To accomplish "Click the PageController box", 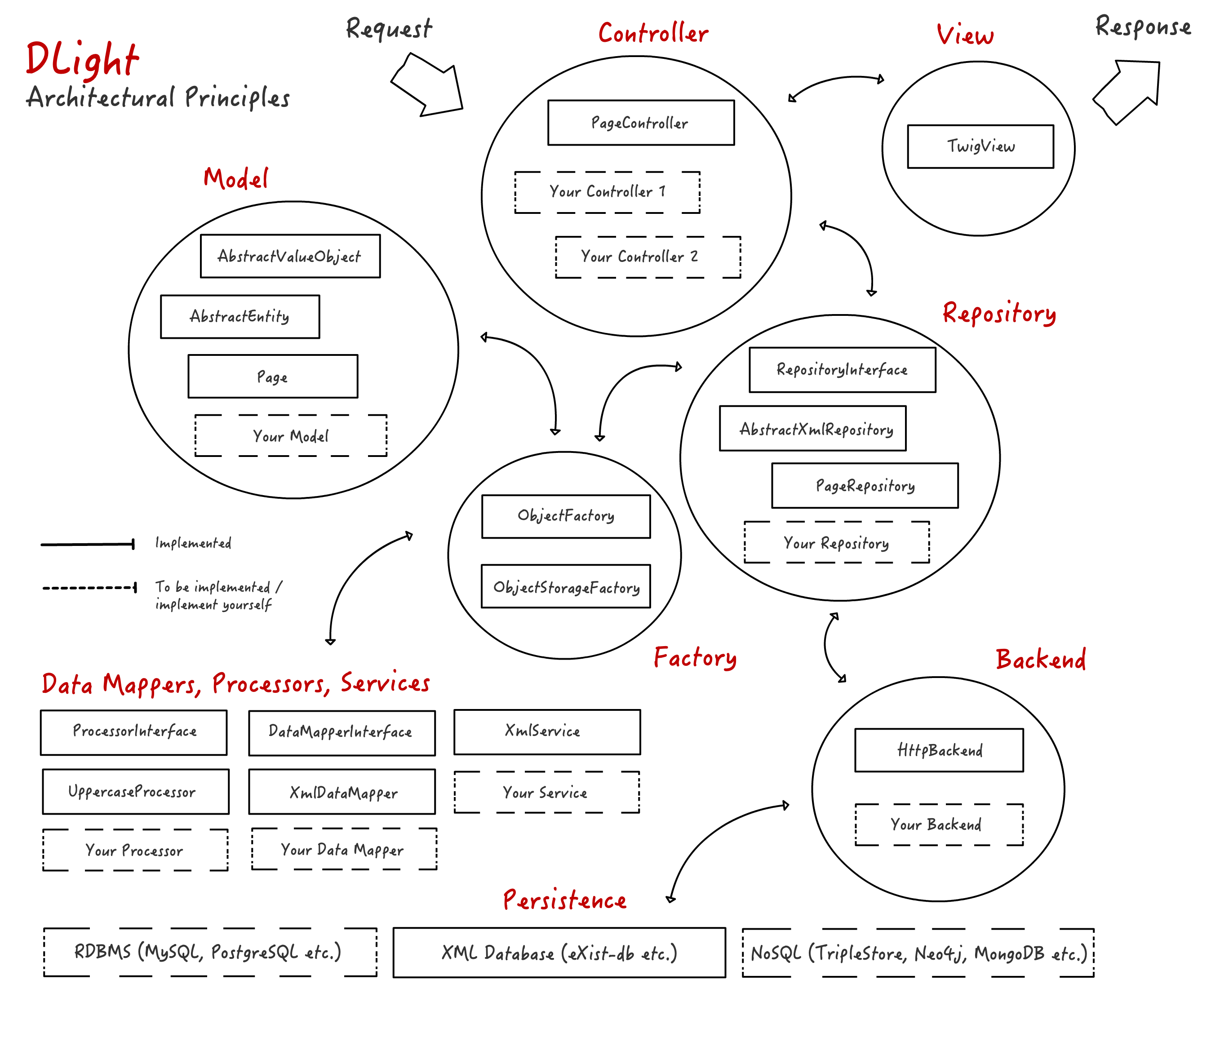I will [x=641, y=123].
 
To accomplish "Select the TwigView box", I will [x=980, y=146].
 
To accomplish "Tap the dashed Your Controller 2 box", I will [x=648, y=257].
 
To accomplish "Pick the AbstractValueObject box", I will [x=290, y=256].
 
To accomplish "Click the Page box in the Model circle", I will [x=272, y=377].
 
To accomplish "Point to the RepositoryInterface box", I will [x=842, y=370].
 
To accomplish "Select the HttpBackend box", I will [x=939, y=750].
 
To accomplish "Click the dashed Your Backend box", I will [x=939, y=824].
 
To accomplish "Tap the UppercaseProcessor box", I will [x=136, y=792].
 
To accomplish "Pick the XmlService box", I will [x=547, y=731].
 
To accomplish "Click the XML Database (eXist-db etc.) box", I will [x=559, y=953].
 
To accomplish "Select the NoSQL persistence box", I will [x=918, y=953].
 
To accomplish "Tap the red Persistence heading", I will [x=564, y=900].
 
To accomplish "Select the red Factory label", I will [x=695, y=658].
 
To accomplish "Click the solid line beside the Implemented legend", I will [x=88, y=545].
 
